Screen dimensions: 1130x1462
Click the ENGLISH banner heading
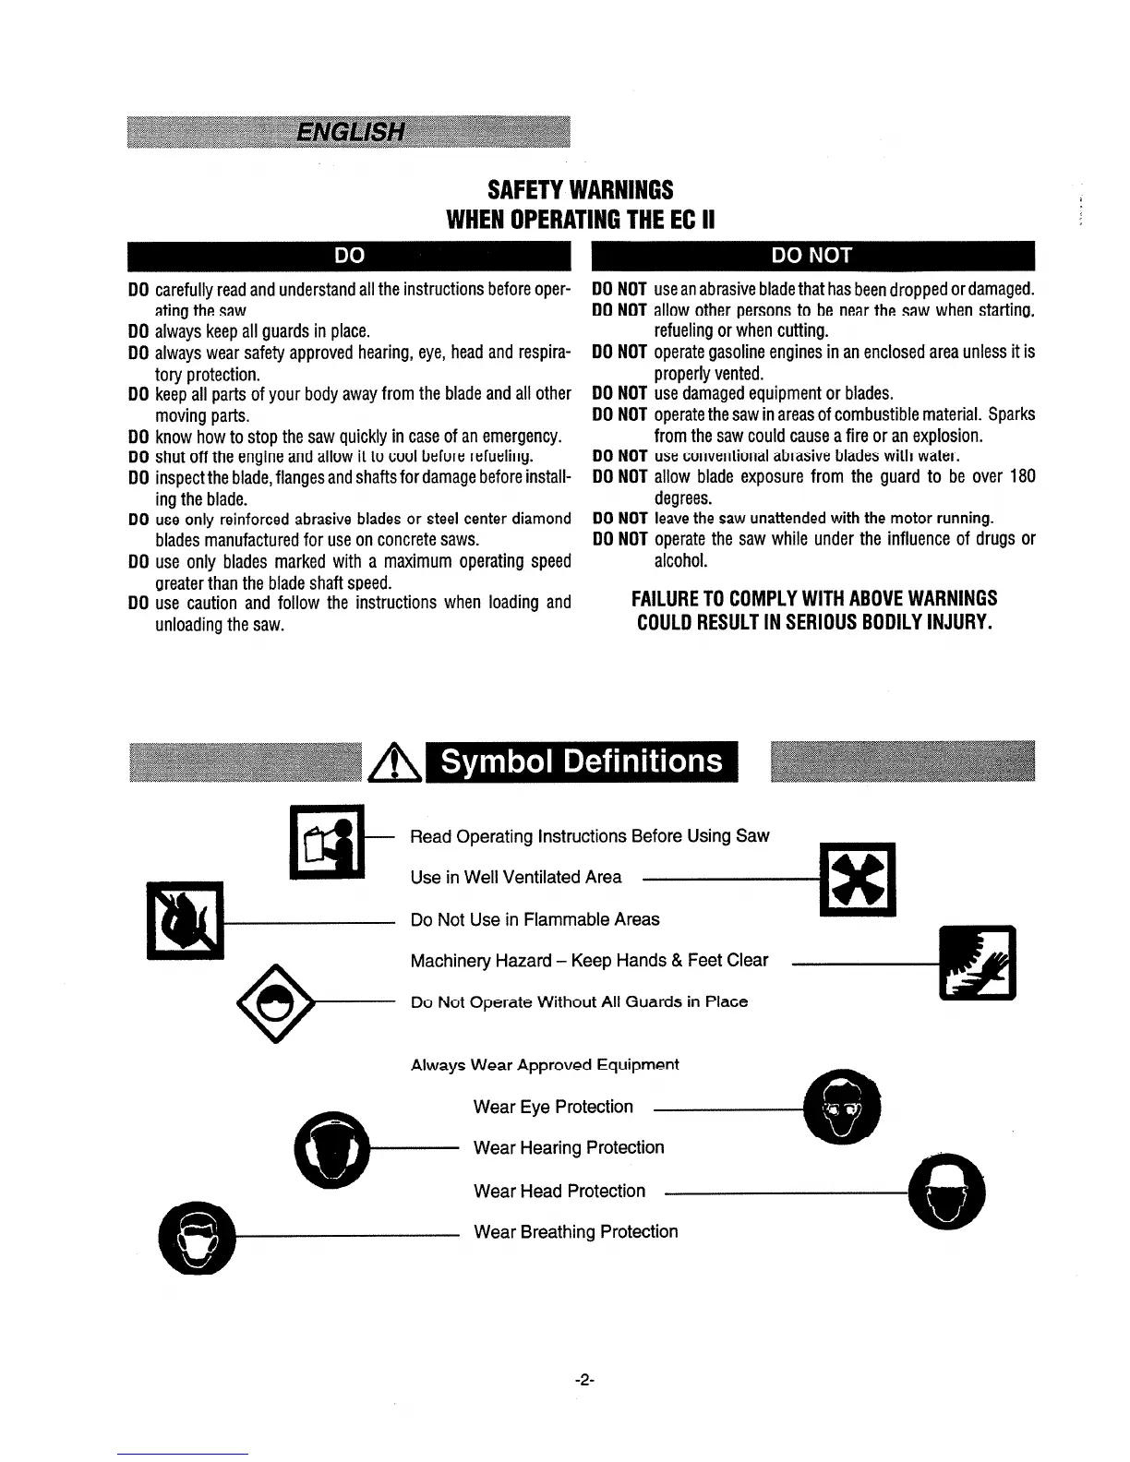[x=350, y=132]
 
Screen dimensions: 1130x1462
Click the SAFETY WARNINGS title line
[x=581, y=190]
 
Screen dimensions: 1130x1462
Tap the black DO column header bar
[x=349, y=255]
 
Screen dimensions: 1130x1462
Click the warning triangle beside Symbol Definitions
[x=396, y=763]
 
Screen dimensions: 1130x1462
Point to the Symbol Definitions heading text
[x=582, y=761]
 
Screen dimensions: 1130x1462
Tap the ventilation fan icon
[x=858, y=880]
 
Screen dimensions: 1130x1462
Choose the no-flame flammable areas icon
[x=185, y=920]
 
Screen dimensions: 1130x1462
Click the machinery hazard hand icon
[x=977, y=962]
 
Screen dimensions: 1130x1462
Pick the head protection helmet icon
[x=946, y=1192]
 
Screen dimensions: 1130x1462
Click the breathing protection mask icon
[x=197, y=1238]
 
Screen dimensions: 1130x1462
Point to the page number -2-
[x=583, y=1381]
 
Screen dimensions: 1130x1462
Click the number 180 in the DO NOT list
[x=1022, y=476]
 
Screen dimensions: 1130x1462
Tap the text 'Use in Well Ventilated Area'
[x=516, y=877]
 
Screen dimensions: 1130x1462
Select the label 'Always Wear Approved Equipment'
[x=545, y=1064]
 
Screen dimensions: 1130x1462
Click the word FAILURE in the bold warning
[x=664, y=598]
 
